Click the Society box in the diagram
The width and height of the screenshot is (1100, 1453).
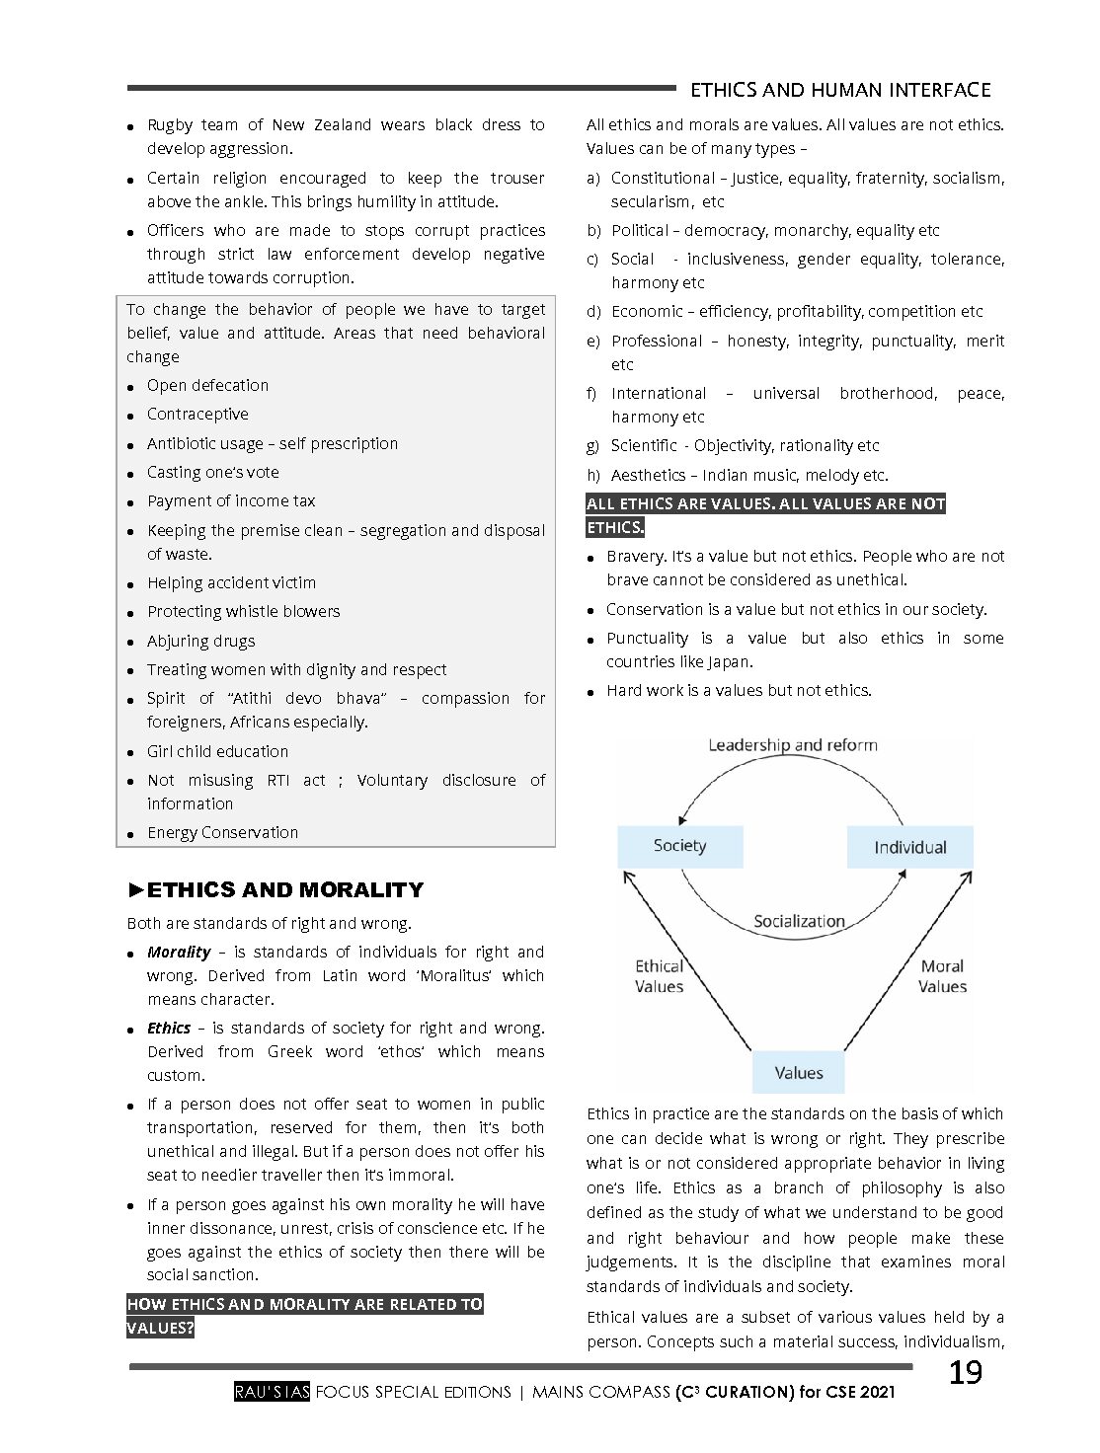tap(679, 846)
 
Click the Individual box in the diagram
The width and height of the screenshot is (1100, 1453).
tap(909, 847)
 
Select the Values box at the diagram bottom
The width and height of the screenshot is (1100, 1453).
tap(798, 1073)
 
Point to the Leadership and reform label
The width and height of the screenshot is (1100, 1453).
tap(792, 745)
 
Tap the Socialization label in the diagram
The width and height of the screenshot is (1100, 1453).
tap(799, 921)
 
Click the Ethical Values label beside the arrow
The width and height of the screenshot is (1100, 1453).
tap(659, 976)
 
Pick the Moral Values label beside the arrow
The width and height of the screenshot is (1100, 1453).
tap(942, 976)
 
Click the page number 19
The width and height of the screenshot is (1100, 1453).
tap(965, 1373)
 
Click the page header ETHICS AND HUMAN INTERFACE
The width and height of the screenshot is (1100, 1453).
tap(839, 90)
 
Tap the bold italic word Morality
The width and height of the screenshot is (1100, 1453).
tap(179, 953)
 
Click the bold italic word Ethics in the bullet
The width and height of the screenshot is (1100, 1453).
tap(169, 1029)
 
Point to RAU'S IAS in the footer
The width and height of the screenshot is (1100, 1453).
tap(273, 1392)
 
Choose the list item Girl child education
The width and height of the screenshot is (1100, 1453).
tap(217, 751)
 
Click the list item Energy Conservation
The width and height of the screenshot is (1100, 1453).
tap(222, 833)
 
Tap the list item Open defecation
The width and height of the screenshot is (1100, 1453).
tap(207, 386)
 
